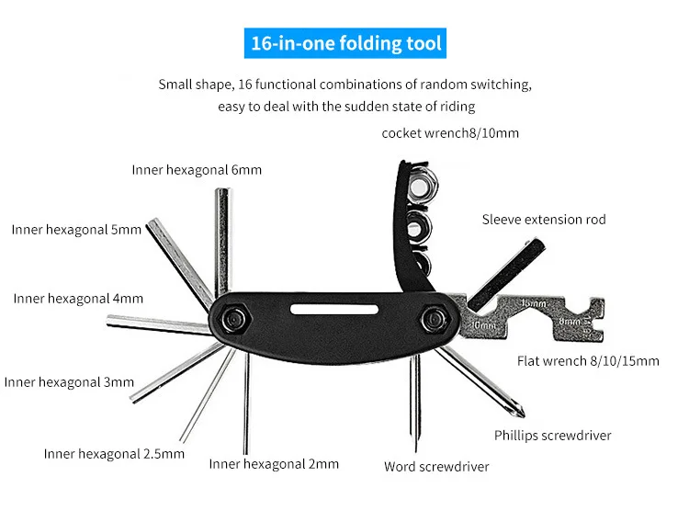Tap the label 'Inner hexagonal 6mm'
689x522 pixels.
pos(197,169)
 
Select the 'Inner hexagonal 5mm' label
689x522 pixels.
pos(76,229)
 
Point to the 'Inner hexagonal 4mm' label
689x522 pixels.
pos(78,298)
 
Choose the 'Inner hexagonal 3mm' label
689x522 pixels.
pos(69,381)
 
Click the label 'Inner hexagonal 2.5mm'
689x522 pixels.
pos(114,453)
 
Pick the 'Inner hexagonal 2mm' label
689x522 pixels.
pos(274,463)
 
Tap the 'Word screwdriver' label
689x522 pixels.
pos(436,466)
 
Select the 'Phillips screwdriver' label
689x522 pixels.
pos(552,435)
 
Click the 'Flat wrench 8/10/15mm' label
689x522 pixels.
pos(588,360)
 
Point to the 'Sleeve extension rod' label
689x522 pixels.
pos(544,220)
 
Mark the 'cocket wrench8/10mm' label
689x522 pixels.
pos(450,132)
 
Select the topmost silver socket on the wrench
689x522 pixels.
pos(422,187)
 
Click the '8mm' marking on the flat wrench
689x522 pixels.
pos(570,323)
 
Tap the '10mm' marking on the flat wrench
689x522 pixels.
pos(481,323)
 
